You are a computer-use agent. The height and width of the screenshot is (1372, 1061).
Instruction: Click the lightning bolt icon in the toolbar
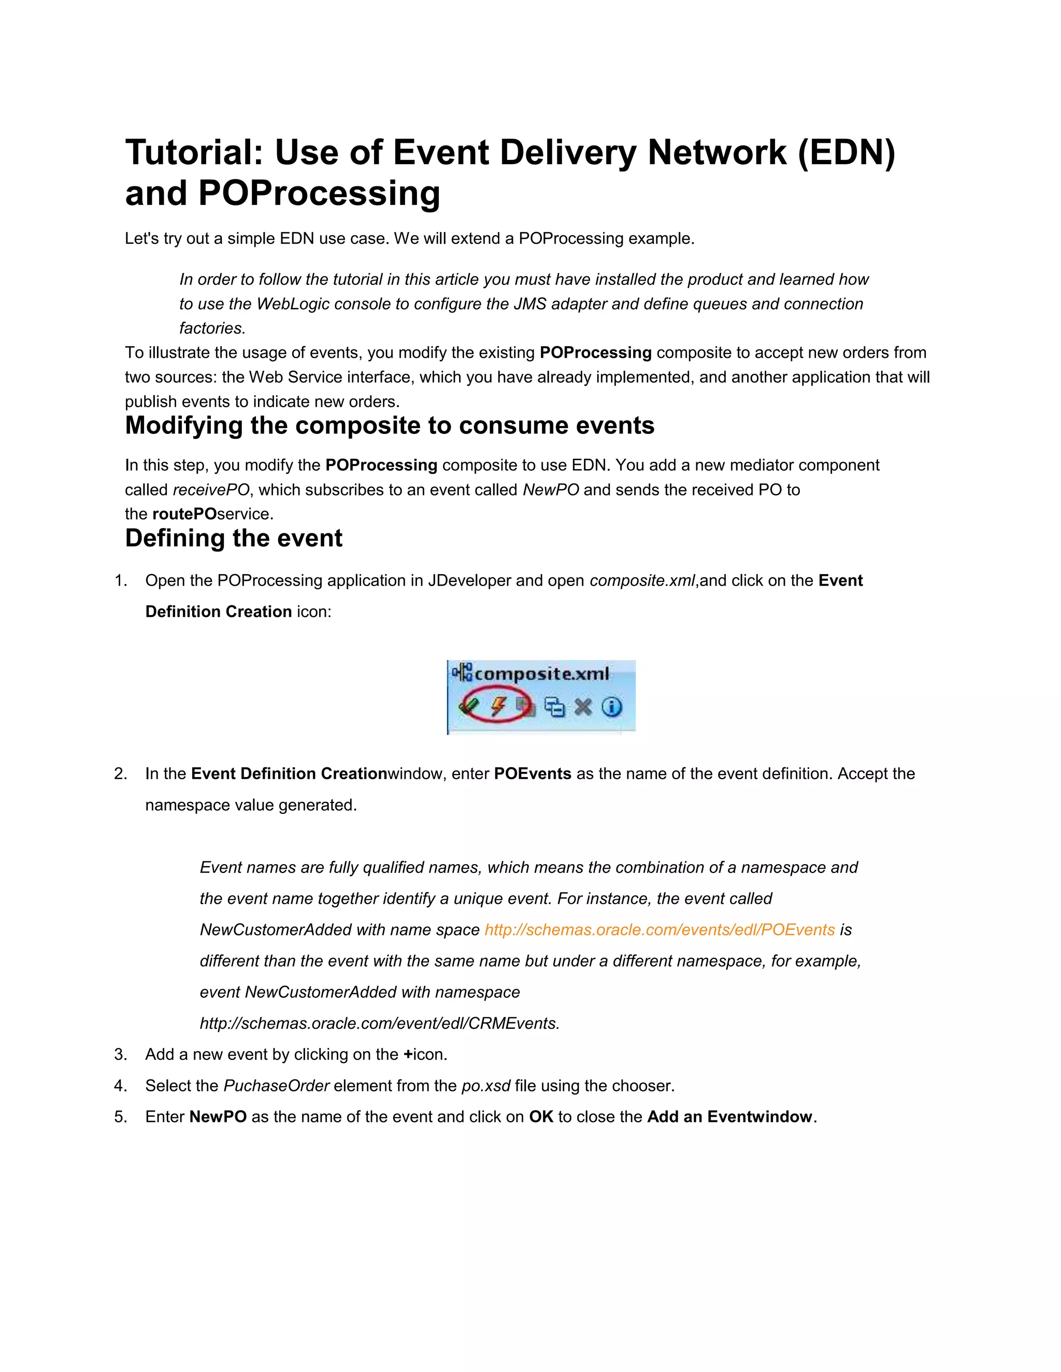[x=498, y=706]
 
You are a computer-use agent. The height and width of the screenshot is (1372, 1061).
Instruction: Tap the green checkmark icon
[x=469, y=706]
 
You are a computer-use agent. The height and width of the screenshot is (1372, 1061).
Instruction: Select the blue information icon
[x=612, y=707]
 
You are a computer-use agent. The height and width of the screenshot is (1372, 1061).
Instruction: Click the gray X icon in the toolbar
[x=583, y=707]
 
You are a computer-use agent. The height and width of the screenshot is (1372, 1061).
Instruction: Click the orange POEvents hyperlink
[x=659, y=930]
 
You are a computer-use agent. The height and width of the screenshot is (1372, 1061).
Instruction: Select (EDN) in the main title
[x=847, y=153]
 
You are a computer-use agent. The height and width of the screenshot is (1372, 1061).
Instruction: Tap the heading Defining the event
[x=234, y=538]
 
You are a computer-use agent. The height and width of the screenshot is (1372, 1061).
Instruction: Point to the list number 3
[x=121, y=1054]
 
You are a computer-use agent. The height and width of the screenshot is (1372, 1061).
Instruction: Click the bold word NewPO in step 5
[x=218, y=1116]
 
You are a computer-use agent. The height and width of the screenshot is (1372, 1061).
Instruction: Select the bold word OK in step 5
[x=540, y=1116]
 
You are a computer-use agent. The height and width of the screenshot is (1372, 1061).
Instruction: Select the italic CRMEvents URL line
[x=380, y=1024]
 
